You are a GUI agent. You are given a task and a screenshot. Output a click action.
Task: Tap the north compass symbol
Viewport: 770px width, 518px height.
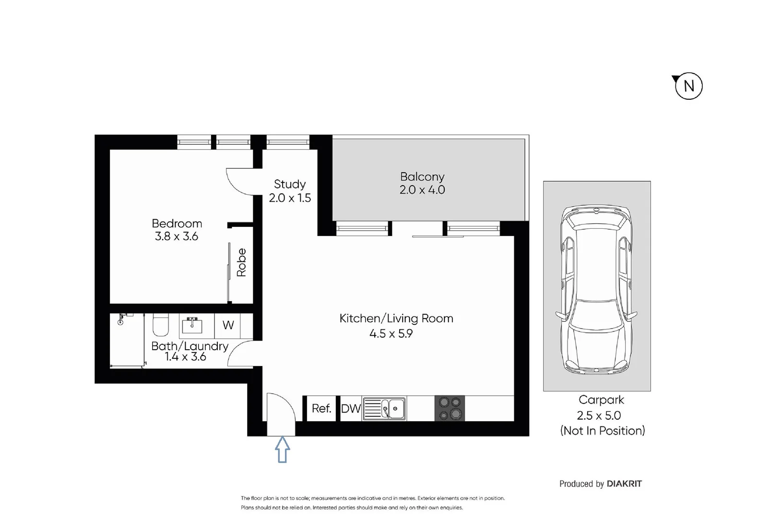point(688,86)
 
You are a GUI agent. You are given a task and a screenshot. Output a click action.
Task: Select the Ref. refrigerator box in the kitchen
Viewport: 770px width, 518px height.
point(321,408)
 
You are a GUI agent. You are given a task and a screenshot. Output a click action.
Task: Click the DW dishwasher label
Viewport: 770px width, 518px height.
point(351,409)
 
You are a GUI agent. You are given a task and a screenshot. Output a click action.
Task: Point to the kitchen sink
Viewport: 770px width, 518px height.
point(384,409)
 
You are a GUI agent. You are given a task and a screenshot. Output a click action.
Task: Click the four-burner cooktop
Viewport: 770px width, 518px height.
point(450,409)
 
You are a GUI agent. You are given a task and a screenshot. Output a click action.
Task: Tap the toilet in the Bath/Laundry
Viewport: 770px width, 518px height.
point(160,325)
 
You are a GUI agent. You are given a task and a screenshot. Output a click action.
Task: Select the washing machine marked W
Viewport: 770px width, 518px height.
point(228,325)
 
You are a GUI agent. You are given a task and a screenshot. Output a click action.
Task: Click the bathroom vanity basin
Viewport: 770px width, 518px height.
point(192,326)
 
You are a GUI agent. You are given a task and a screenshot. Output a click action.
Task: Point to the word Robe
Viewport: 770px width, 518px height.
point(241,262)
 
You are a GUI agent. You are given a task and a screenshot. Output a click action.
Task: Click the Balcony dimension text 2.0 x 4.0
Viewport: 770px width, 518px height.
point(422,190)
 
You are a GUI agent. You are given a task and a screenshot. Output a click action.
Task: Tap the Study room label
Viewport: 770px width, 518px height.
point(289,184)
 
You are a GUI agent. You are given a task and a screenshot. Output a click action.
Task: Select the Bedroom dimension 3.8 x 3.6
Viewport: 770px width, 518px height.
point(177,236)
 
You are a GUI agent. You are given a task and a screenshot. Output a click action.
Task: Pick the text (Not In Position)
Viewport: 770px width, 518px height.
point(602,431)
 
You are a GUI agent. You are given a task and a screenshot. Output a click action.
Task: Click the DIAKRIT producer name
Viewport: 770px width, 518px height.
point(624,483)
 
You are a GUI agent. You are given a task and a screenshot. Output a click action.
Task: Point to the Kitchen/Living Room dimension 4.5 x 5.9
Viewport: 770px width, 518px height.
point(391,333)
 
